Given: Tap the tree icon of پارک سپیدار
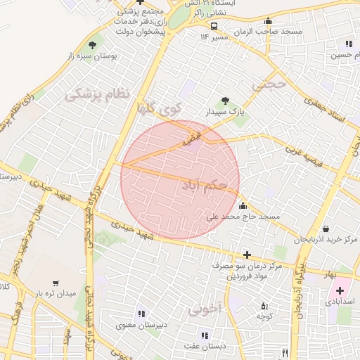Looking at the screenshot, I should click(x=225, y=101).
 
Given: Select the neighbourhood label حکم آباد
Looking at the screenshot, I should click(x=204, y=185).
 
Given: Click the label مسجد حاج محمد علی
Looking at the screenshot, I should click(x=243, y=217).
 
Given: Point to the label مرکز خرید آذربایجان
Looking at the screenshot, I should click(x=326, y=240).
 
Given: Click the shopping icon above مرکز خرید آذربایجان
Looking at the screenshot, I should click(x=326, y=229).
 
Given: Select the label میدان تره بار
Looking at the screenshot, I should click(x=56, y=292).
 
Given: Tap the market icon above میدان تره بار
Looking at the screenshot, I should click(x=56, y=281).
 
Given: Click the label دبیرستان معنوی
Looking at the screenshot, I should click(x=141, y=325).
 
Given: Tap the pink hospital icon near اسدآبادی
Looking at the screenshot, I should click(x=341, y=290).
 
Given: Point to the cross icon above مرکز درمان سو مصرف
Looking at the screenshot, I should click(x=245, y=255).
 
